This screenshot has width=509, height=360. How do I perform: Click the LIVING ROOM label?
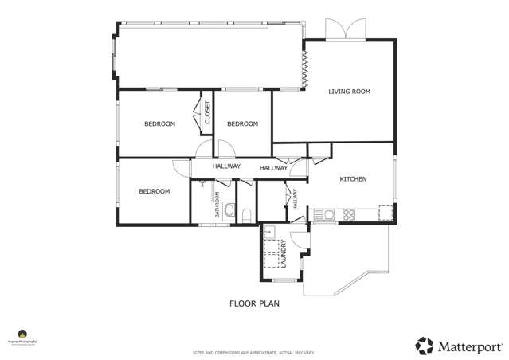(350, 92)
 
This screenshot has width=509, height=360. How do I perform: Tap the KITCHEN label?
(353, 179)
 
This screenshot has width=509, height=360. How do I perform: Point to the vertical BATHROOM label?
(216, 205)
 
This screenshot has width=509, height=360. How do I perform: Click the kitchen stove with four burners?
(349, 214)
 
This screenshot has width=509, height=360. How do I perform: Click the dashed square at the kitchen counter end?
(385, 213)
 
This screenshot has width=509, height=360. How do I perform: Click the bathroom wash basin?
(229, 212)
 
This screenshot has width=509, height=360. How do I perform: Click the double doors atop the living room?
(345, 29)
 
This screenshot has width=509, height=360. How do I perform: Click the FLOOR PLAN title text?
(254, 303)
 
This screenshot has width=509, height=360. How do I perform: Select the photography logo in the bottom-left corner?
(22, 335)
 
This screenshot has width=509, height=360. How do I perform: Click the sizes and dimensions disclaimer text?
(253, 352)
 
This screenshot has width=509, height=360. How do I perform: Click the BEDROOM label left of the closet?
(159, 123)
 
